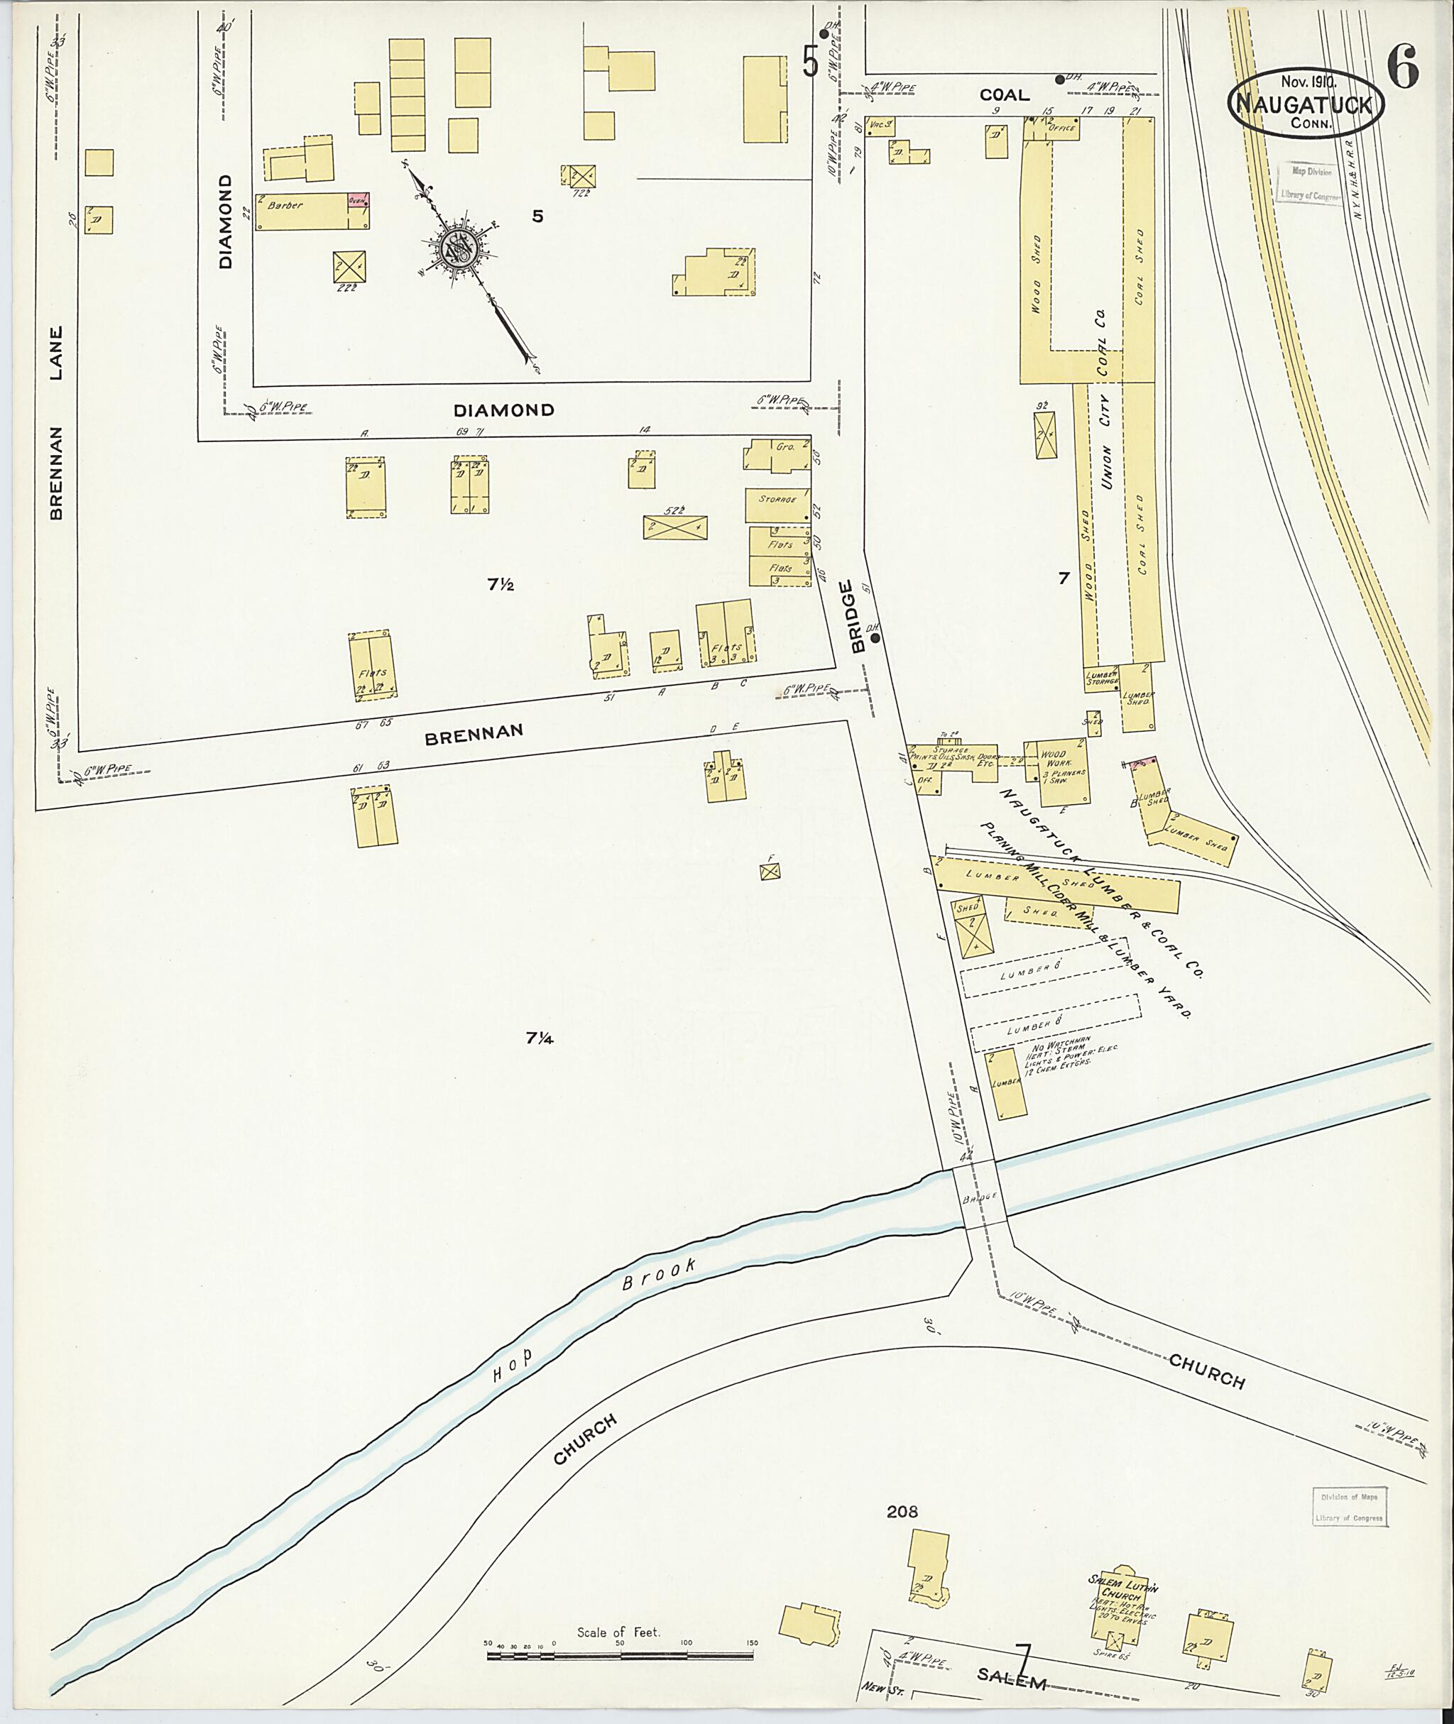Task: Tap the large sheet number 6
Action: tap(1402, 66)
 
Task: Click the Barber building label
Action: tap(285, 205)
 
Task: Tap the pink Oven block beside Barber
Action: tap(359, 200)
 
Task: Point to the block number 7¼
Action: tap(540, 1038)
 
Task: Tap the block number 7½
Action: tap(501, 584)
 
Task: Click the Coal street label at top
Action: tap(1004, 95)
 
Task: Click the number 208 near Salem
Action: tap(902, 1511)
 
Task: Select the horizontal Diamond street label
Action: tap(503, 410)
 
